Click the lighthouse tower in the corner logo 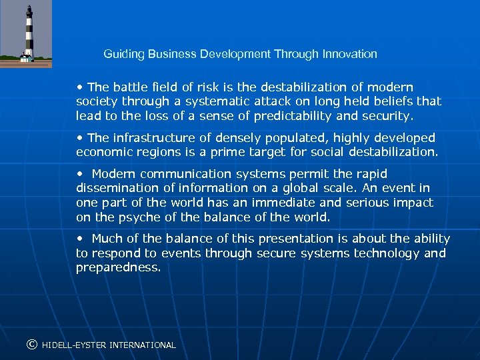pyautogui.click(x=28, y=33)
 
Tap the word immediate pyautogui.click(x=285, y=202)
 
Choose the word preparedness pyautogui.click(x=118, y=267)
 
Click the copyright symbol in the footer pyautogui.click(x=31, y=345)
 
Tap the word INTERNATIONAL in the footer pyautogui.click(x=143, y=345)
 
